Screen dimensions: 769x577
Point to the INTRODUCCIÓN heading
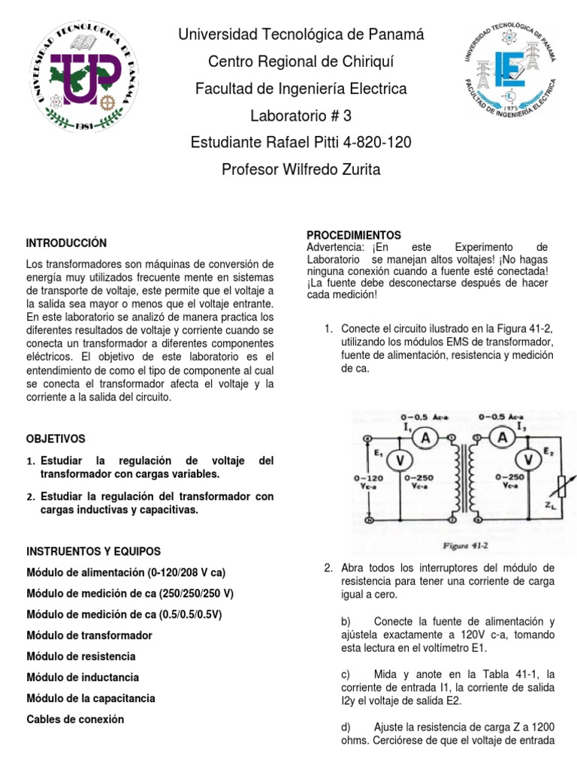[66, 243]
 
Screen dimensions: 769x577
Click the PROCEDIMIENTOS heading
[354, 235]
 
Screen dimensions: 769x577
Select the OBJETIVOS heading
[56, 439]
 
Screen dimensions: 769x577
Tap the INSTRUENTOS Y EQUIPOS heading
[93, 551]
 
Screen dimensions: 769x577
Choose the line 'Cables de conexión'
[75, 719]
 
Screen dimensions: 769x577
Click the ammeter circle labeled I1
[424, 439]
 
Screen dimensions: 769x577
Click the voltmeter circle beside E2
[530, 459]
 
